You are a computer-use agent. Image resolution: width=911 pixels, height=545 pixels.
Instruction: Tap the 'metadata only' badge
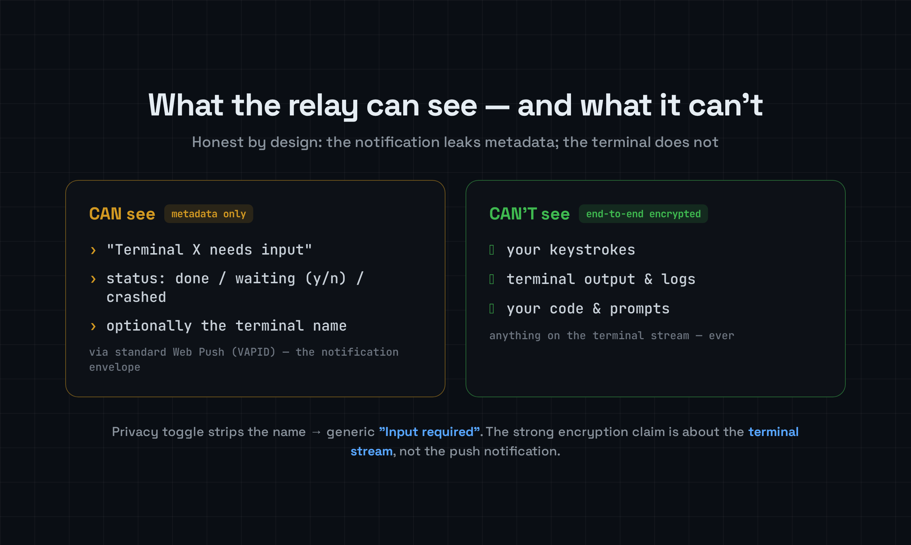(209, 214)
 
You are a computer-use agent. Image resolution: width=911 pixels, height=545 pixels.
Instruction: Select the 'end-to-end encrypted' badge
(643, 214)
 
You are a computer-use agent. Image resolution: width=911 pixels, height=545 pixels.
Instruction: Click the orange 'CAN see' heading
(122, 214)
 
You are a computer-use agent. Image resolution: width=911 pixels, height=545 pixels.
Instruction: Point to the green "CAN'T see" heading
(529, 214)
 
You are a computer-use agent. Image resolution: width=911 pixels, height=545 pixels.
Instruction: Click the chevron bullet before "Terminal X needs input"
(93, 251)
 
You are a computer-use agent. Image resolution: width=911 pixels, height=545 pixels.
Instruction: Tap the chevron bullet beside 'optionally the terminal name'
(93, 327)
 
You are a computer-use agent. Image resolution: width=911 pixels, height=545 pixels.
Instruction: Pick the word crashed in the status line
(136, 297)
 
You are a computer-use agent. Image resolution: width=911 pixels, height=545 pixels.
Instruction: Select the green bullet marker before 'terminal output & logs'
(491, 279)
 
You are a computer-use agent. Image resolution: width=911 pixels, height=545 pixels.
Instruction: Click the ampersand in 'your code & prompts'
(596, 308)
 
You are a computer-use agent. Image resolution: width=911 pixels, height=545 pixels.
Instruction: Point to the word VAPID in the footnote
(254, 352)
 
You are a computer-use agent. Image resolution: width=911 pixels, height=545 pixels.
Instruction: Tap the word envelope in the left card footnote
(115, 367)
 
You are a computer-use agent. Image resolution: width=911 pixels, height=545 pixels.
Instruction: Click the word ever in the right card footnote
(722, 336)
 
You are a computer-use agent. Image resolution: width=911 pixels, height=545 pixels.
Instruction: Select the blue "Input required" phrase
(429, 432)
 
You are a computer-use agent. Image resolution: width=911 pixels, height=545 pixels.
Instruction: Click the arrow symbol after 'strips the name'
(316, 432)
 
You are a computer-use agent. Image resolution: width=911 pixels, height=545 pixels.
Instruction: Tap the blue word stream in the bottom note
(371, 451)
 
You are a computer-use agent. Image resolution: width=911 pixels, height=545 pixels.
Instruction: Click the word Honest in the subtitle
(217, 142)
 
